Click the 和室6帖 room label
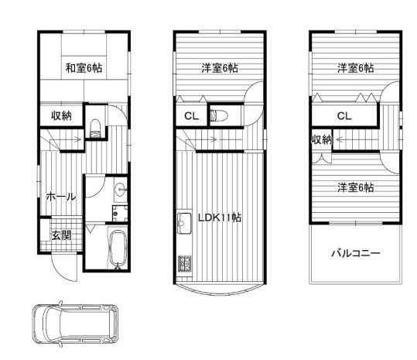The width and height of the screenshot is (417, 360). click(x=84, y=68)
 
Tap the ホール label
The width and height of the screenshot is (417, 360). click(x=61, y=197)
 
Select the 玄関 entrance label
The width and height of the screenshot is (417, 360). click(x=61, y=235)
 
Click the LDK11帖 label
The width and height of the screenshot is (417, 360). click(x=220, y=218)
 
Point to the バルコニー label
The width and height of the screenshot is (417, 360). click(x=356, y=253)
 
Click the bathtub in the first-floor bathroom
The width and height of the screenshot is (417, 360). click(x=118, y=248)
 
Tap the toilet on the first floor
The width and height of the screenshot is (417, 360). click(x=95, y=129)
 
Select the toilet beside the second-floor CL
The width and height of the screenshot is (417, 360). click(x=219, y=116)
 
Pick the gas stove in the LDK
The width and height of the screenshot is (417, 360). click(x=185, y=264)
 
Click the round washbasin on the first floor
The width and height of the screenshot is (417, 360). click(x=121, y=190)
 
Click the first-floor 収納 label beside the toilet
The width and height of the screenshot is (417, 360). click(x=61, y=116)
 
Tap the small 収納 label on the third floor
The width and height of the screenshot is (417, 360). click(x=322, y=139)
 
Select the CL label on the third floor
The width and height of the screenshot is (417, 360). click(x=344, y=116)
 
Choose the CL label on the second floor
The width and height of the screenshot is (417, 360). click(x=192, y=116)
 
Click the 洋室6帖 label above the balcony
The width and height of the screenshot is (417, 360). click(x=356, y=187)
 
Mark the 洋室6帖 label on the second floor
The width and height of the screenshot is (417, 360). click(x=220, y=68)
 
